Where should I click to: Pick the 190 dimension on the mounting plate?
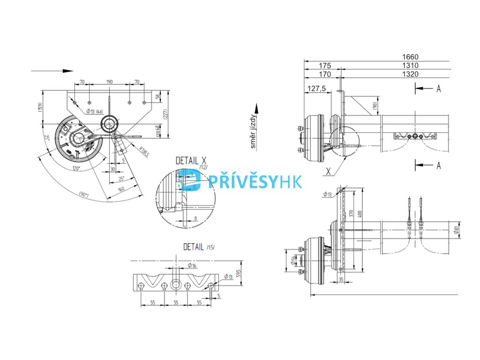point(109,82)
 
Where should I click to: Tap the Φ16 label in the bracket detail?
point(192,265)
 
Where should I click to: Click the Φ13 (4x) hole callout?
point(94,111)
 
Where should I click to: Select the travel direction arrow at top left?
point(52,71)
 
